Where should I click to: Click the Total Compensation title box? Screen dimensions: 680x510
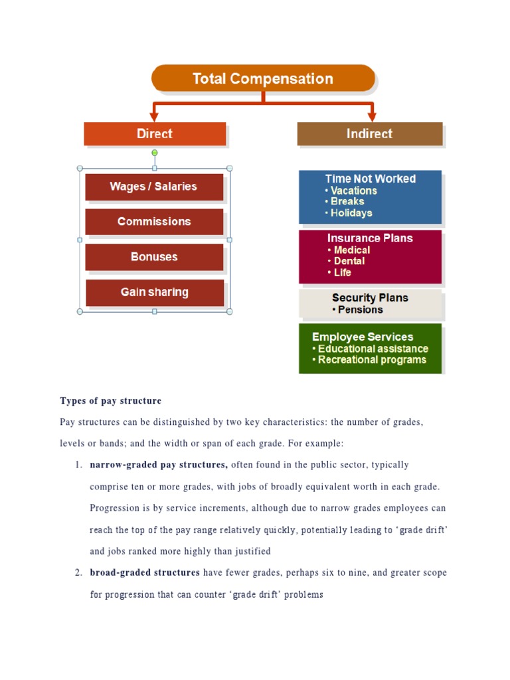(263, 78)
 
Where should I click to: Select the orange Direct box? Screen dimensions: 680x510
(155, 133)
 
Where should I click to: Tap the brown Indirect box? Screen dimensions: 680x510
(369, 133)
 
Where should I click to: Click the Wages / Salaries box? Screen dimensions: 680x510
(153, 187)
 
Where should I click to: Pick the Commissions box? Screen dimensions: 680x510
(154, 222)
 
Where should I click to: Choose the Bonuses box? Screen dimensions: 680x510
(154, 257)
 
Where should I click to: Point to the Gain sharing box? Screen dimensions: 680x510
(155, 292)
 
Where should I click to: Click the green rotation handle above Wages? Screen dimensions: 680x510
(155, 153)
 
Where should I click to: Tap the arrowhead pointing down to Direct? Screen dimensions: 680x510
(155, 116)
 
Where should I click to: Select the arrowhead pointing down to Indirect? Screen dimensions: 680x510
(371, 116)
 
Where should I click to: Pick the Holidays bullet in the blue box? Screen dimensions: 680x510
(351, 213)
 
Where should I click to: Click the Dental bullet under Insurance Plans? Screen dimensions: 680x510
(349, 261)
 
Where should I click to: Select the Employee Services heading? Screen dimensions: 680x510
(363, 337)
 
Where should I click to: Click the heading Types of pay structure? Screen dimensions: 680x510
(110, 401)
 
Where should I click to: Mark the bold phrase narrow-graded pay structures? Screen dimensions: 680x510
(159, 465)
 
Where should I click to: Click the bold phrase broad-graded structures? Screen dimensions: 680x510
(145, 572)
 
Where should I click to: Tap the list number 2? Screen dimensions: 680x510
(78, 572)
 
